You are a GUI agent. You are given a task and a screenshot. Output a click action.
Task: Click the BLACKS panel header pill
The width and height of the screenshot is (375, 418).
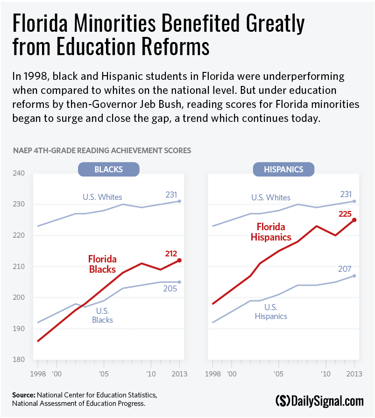click(x=108, y=169)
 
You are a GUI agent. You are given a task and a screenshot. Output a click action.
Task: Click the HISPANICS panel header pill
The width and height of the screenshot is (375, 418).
click(x=283, y=169)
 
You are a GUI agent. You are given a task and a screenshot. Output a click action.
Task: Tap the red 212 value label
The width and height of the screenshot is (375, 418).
click(x=172, y=254)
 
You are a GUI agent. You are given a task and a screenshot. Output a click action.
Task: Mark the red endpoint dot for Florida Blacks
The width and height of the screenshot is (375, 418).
click(x=179, y=260)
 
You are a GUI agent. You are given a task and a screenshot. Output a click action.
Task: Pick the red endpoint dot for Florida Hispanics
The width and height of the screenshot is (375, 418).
click(x=354, y=220)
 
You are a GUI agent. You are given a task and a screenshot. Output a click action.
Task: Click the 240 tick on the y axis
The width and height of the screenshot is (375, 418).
click(x=19, y=173)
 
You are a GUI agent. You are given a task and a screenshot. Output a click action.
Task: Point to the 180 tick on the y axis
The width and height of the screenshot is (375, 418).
click(x=19, y=360)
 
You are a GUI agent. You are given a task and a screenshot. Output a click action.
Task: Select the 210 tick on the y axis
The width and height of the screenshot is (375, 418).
click(x=19, y=266)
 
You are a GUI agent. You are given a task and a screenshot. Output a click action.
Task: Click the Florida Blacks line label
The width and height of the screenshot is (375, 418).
click(x=102, y=264)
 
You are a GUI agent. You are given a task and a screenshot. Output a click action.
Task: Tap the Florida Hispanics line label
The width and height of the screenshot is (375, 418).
click(x=271, y=232)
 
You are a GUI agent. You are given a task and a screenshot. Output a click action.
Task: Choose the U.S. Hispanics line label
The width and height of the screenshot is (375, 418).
click(x=271, y=312)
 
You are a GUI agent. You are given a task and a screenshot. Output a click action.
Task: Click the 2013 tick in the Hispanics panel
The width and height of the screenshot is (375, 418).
click(x=354, y=374)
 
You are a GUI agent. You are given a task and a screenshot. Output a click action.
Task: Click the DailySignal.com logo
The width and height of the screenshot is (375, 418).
click(x=319, y=400)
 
